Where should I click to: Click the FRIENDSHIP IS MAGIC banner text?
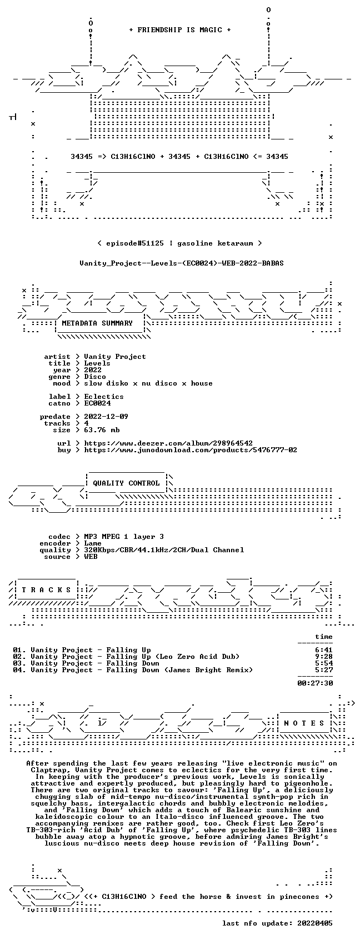point(179,30)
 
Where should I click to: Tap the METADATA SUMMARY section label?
point(97,323)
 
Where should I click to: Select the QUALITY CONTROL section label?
point(126,483)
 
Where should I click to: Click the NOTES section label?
point(304,723)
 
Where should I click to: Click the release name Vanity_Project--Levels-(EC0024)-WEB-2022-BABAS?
point(181,263)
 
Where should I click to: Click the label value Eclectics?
point(104,397)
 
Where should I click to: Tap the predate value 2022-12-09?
point(106,417)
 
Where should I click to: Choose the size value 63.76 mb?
point(102,430)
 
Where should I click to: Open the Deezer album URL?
point(168,443)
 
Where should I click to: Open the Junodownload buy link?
point(191,450)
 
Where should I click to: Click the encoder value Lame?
point(93,543)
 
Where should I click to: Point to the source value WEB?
point(91,557)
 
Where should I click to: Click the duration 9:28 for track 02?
point(324,657)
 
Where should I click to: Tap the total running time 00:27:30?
point(315,683)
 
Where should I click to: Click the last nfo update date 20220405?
point(315,923)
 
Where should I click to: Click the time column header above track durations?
point(324,637)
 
